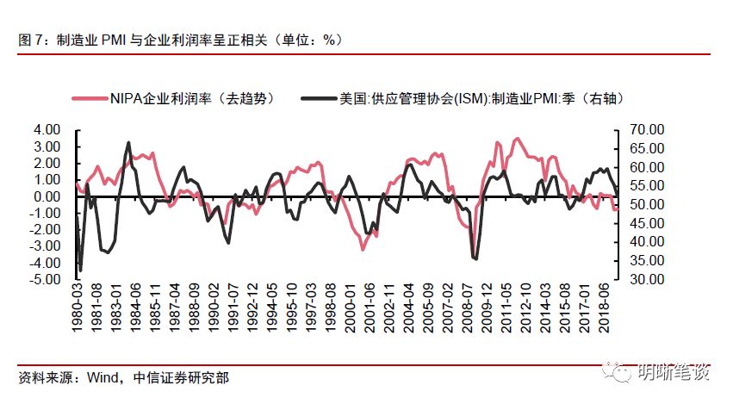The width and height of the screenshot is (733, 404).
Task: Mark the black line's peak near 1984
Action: click(x=128, y=143)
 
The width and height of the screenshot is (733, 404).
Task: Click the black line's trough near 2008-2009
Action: click(x=475, y=258)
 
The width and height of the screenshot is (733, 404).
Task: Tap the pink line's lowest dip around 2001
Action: click(x=363, y=249)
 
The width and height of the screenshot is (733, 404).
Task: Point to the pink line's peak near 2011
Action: click(x=517, y=138)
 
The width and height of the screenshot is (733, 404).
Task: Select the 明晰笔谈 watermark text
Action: click(x=675, y=371)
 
